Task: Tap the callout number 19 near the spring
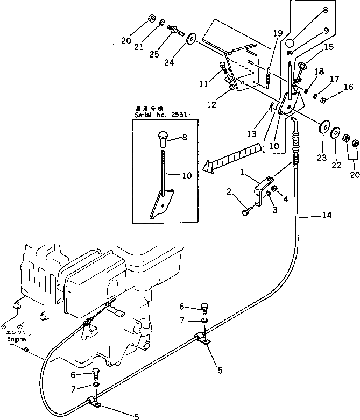click(277, 33)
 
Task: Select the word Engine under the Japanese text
click(16, 339)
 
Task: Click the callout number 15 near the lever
click(328, 47)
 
